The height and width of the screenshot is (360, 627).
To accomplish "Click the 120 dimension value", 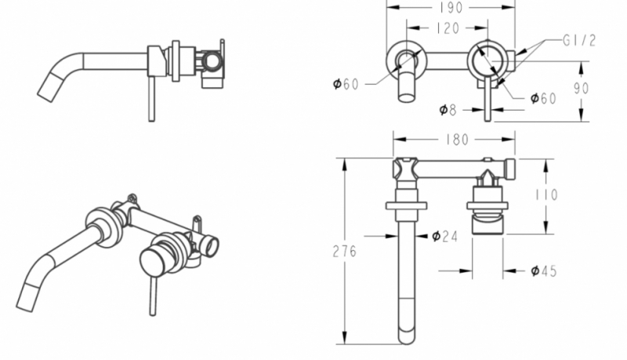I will [x=448, y=27].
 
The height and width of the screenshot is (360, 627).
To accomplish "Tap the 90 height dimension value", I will [x=581, y=89].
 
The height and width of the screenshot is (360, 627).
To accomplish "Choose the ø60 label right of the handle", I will [x=543, y=99].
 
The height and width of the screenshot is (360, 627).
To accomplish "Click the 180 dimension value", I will [x=455, y=140].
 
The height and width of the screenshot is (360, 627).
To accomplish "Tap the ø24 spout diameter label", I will [x=445, y=236].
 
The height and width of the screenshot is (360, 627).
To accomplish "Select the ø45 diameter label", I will [x=543, y=271].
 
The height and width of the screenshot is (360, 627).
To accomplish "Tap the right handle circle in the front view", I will [x=487, y=60].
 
